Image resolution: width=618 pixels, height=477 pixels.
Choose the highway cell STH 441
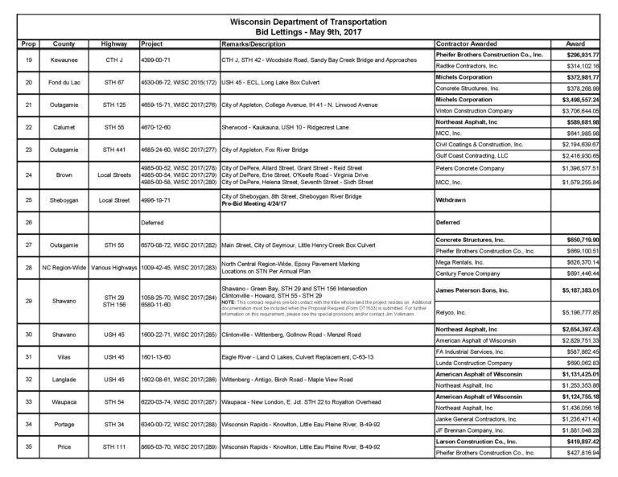click(113, 149)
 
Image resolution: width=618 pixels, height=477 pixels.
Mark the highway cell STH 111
click(113, 445)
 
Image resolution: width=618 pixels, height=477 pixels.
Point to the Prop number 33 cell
click(28, 401)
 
